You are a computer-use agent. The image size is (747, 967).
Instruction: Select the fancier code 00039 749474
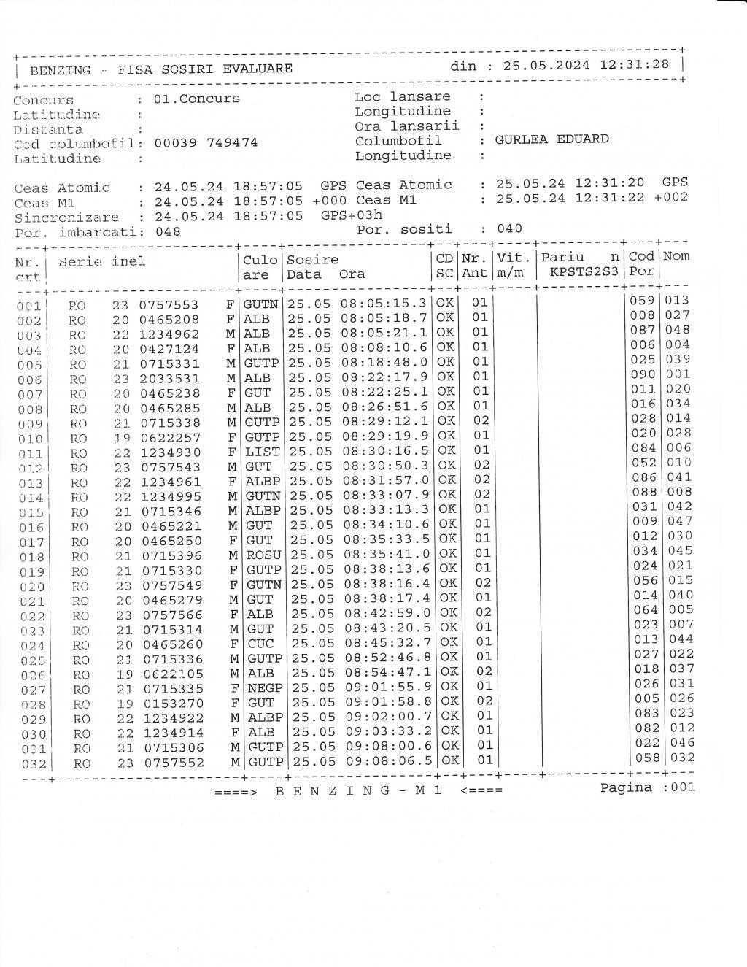pos(206,142)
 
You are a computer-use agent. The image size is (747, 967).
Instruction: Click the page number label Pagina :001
pos(648,787)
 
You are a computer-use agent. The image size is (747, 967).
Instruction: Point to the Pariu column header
pos(562,257)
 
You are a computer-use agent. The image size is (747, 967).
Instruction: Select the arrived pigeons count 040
pos(509,228)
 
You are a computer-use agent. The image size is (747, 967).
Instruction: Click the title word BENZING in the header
pos(61,70)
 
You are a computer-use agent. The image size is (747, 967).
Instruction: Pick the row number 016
pos(31,528)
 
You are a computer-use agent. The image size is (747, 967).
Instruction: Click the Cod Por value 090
pos(643,374)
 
